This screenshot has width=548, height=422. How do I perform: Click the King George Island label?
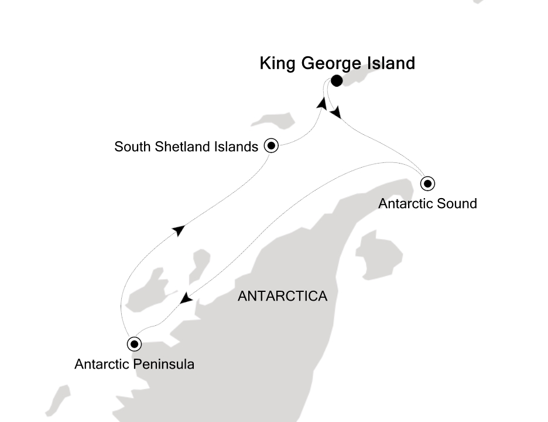(x=337, y=63)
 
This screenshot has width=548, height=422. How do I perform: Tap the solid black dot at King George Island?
(x=337, y=81)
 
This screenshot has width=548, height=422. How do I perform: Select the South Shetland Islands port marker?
(x=271, y=146)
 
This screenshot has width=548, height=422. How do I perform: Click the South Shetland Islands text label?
(x=186, y=147)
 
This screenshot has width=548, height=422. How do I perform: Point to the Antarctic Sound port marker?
(x=428, y=184)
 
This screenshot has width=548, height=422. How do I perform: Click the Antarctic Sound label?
(x=428, y=203)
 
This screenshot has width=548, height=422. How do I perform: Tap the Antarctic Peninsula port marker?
(x=135, y=343)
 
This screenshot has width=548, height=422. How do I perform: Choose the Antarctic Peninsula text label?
(x=135, y=364)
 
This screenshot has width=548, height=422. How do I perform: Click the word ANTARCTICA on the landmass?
(x=282, y=296)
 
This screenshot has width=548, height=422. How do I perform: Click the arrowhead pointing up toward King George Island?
(x=322, y=104)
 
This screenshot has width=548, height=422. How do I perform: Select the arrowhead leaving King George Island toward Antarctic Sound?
(x=335, y=113)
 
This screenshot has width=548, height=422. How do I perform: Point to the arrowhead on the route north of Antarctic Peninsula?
(x=179, y=230)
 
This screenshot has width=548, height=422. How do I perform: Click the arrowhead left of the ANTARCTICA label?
(x=186, y=299)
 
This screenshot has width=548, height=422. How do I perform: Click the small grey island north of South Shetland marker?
(x=273, y=121)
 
